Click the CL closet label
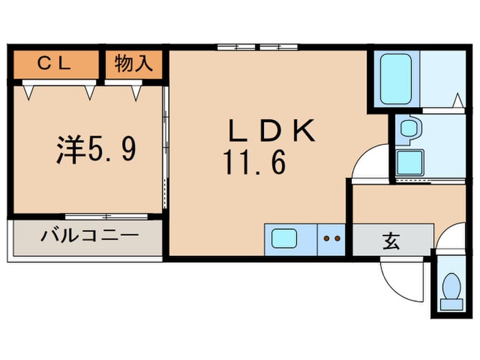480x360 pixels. [x=54, y=64]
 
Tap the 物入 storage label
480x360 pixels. [x=134, y=63]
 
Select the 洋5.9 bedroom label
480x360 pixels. [x=96, y=149]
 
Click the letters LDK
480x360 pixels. [x=272, y=130]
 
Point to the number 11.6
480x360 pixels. [x=255, y=163]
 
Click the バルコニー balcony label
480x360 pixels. [x=90, y=236]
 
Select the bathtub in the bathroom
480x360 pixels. [x=396, y=79]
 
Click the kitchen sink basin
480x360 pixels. [x=284, y=239]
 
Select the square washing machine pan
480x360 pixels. [x=410, y=162]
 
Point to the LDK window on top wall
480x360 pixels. [x=257, y=47]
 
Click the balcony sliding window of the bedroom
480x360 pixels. [x=106, y=217]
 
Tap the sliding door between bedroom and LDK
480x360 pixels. [x=165, y=147]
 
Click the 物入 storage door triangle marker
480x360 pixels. [x=136, y=93]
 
